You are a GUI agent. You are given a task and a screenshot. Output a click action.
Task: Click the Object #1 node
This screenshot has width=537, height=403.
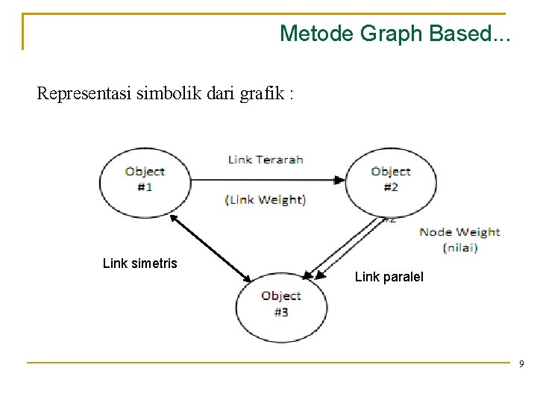145,179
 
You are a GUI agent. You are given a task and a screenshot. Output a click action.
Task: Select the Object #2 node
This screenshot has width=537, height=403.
390,179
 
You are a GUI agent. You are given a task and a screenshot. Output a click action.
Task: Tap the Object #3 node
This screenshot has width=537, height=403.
280,304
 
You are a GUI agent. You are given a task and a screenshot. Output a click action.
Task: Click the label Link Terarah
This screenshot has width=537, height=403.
266,159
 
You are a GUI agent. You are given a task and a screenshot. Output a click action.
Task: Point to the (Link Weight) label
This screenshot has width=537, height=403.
266,199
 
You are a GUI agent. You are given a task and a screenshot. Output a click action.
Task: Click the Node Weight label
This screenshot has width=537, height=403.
459,232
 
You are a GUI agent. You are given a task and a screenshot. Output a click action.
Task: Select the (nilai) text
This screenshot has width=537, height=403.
459,247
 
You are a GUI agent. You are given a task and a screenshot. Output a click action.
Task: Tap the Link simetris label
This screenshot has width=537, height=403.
140,263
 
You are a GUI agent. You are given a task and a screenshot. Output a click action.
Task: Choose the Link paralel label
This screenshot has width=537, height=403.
389,277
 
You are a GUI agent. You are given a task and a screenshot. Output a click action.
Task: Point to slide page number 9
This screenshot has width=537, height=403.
522,363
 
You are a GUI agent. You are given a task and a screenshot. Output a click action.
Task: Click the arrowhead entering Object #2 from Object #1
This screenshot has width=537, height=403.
339,179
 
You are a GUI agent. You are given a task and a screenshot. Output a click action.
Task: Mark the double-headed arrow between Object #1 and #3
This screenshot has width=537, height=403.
211,249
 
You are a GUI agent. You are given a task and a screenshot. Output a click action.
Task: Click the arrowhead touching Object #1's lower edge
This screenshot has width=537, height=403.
173,218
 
